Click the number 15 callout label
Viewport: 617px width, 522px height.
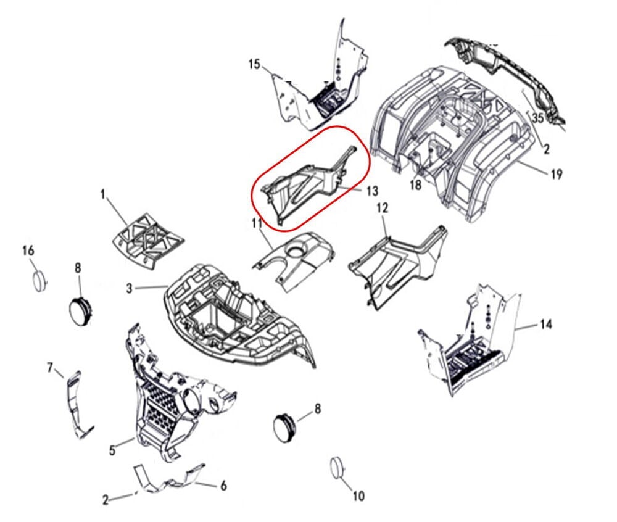pyautogui.click(x=255, y=64)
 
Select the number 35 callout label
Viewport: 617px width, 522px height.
pyautogui.click(x=538, y=117)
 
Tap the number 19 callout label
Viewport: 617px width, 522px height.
pyautogui.click(x=557, y=173)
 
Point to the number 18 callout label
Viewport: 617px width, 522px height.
pyautogui.click(x=415, y=184)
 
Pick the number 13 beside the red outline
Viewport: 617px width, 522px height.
pyautogui.click(x=372, y=191)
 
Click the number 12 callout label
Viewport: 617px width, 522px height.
pyautogui.click(x=383, y=208)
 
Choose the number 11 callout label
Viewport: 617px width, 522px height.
pyautogui.click(x=257, y=223)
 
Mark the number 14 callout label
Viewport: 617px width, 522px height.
pyautogui.click(x=546, y=325)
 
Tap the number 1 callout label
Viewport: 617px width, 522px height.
pyautogui.click(x=103, y=194)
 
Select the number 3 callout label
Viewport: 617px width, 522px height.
pyautogui.click(x=130, y=289)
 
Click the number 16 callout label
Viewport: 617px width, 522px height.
pyautogui.click(x=28, y=251)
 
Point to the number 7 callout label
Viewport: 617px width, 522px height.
pyautogui.click(x=50, y=368)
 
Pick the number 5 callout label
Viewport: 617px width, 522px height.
pyautogui.click(x=112, y=450)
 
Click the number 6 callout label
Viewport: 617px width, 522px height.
pyautogui.click(x=223, y=486)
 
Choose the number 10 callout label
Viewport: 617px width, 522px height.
pyautogui.click(x=358, y=497)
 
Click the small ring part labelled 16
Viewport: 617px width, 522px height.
pyautogui.click(x=39, y=281)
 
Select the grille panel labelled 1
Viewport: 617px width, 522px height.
pyautogui.click(x=147, y=241)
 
